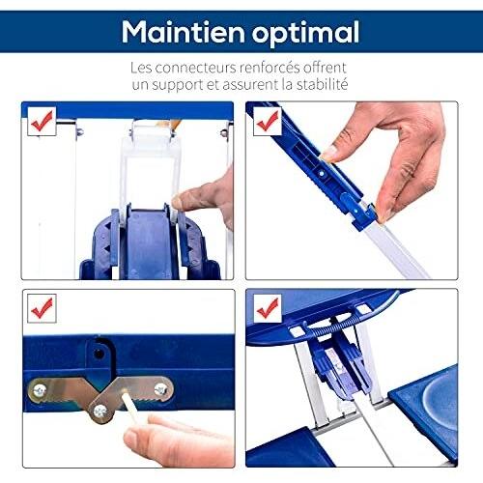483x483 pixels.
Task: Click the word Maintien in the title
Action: click(179, 31)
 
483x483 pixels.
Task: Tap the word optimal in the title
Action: click(301, 32)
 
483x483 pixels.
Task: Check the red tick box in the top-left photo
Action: click(42, 122)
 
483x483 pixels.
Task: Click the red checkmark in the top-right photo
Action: click(267, 122)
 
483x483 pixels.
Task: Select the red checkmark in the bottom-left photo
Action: click(42, 309)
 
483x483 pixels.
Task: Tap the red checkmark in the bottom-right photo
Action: click(267, 309)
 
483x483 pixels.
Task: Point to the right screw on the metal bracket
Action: click(160, 389)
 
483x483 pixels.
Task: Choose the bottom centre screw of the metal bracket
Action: click(100, 411)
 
